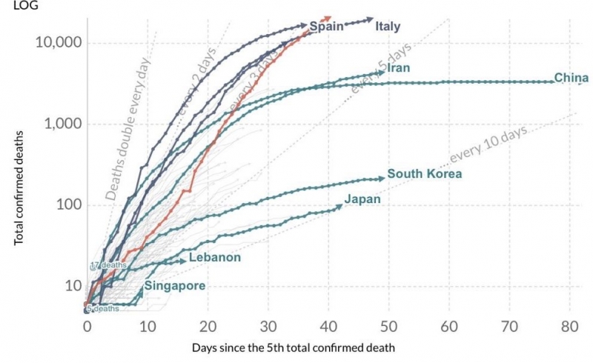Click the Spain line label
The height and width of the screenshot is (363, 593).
[x=326, y=27]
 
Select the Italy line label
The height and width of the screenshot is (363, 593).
[x=388, y=27]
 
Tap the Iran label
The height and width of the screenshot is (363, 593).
[x=398, y=68]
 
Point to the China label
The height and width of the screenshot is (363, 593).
[x=571, y=79]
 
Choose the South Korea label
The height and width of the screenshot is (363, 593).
[x=425, y=174]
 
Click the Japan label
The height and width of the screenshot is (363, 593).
[x=362, y=199]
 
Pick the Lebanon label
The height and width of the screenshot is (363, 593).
[x=215, y=257]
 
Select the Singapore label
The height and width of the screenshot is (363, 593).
[x=174, y=285]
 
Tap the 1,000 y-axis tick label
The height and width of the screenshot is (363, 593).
[x=62, y=124]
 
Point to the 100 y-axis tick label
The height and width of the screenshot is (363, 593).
[x=67, y=205]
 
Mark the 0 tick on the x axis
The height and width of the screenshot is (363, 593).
[x=87, y=327]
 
